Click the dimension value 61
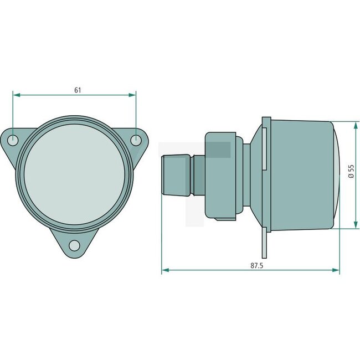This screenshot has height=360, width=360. tap(77, 90)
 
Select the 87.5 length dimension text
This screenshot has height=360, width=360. tap(256, 265)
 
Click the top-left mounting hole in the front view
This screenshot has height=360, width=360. tap(13, 141)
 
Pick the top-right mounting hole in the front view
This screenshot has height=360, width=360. tap(136, 141)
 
